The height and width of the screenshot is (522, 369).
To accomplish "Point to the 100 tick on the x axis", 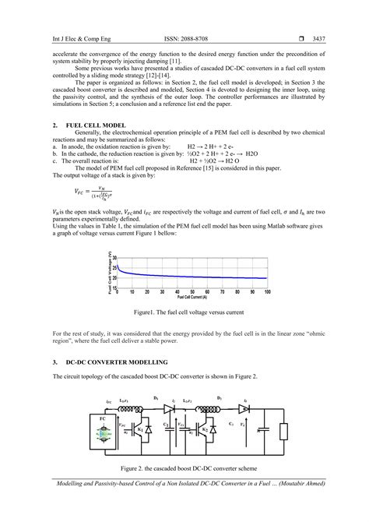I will [267, 292].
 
